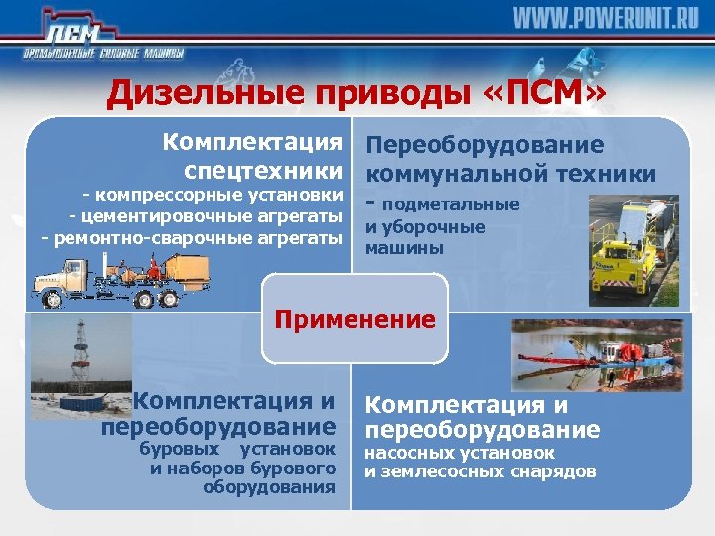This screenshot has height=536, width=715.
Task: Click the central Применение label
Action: coord(356,319)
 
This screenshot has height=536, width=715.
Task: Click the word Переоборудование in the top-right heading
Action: coord(485,145)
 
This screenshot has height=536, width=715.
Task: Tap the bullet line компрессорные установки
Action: coord(217,193)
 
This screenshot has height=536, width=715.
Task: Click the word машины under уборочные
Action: coord(391,249)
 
